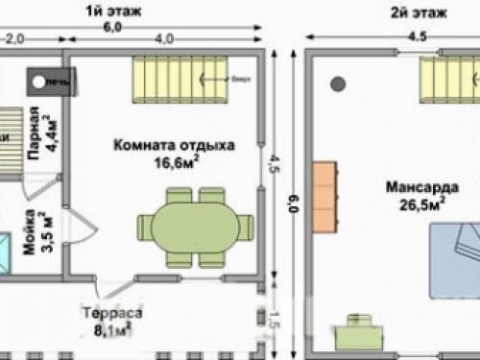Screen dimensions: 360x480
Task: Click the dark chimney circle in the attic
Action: click(338, 84)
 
